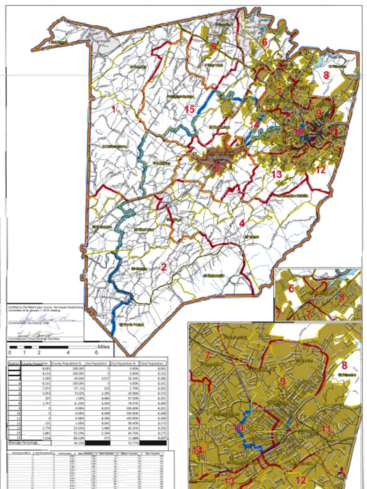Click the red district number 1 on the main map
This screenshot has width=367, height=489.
point(113,109)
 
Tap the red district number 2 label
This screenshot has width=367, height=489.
point(163,266)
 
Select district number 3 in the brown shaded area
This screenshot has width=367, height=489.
point(216,167)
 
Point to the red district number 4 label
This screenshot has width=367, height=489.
point(242,223)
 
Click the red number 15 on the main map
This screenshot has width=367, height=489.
point(189,109)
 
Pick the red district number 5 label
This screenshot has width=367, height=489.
point(213,47)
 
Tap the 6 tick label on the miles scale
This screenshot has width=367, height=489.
point(97,352)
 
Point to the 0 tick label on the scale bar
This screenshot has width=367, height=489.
point(10,352)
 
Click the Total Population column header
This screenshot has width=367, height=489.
point(152,363)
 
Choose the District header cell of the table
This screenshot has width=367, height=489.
point(14,363)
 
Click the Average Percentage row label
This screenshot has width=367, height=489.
point(22,443)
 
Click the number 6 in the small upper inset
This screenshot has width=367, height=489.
point(291,289)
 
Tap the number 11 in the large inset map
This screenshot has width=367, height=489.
point(326,429)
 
